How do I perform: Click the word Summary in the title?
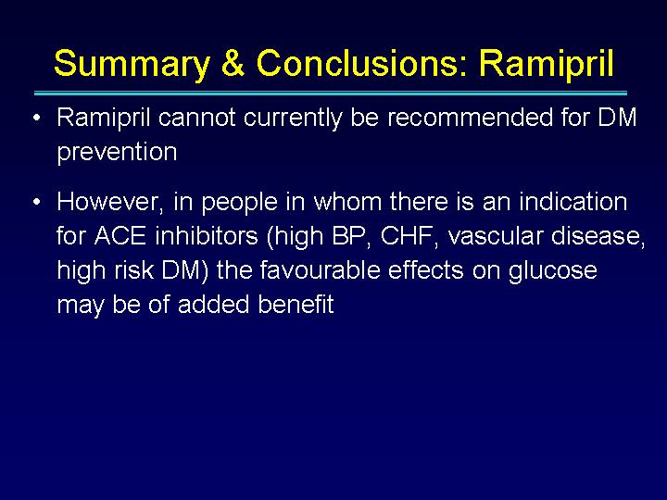click(x=132, y=65)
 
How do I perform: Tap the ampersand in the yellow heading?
click(x=233, y=63)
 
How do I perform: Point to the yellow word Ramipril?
click(x=547, y=65)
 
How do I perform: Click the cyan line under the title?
click(x=331, y=94)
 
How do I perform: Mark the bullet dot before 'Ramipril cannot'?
click(x=37, y=118)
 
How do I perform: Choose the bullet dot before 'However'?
click(x=37, y=201)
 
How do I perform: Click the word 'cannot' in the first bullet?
click(x=196, y=118)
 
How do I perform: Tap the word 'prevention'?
click(x=117, y=153)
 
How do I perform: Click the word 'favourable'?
click(x=320, y=269)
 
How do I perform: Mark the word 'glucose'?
click(x=553, y=271)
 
